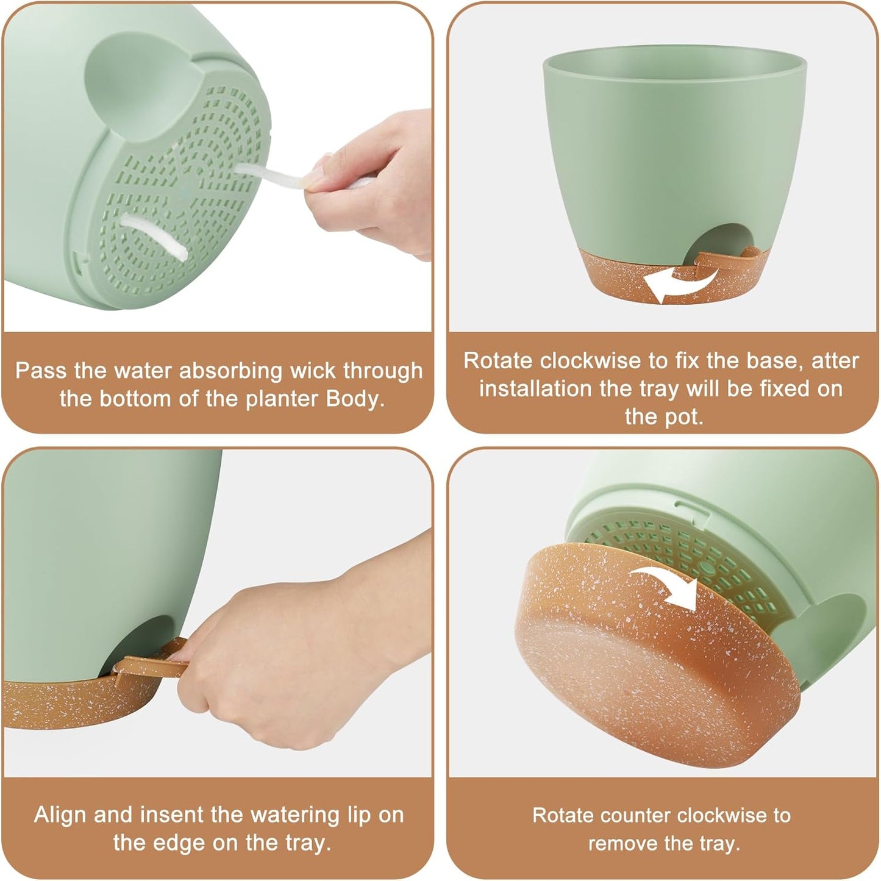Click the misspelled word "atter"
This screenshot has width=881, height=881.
point(835,361)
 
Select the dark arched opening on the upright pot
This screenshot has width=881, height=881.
point(724,240)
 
